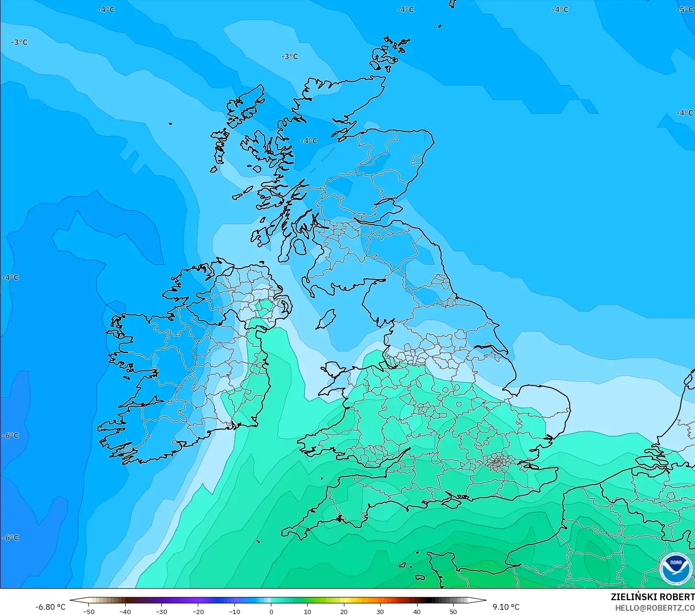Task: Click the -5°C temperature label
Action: [685, 10]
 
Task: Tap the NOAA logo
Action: [675, 569]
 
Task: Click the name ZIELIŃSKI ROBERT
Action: [652, 597]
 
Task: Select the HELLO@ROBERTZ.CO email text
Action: [654, 608]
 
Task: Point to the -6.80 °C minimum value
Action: [50, 607]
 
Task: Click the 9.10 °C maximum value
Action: [506, 607]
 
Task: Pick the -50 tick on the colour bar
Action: [89, 612]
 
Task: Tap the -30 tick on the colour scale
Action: [161, 612]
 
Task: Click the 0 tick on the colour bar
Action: [271, 612]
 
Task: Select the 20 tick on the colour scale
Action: [344, 612]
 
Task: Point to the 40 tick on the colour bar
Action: [417, 612]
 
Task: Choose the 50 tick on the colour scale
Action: [453, 612]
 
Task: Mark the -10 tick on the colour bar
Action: [235, 612]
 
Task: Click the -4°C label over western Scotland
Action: [309, 141]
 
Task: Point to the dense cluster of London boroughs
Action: [498, 463]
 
